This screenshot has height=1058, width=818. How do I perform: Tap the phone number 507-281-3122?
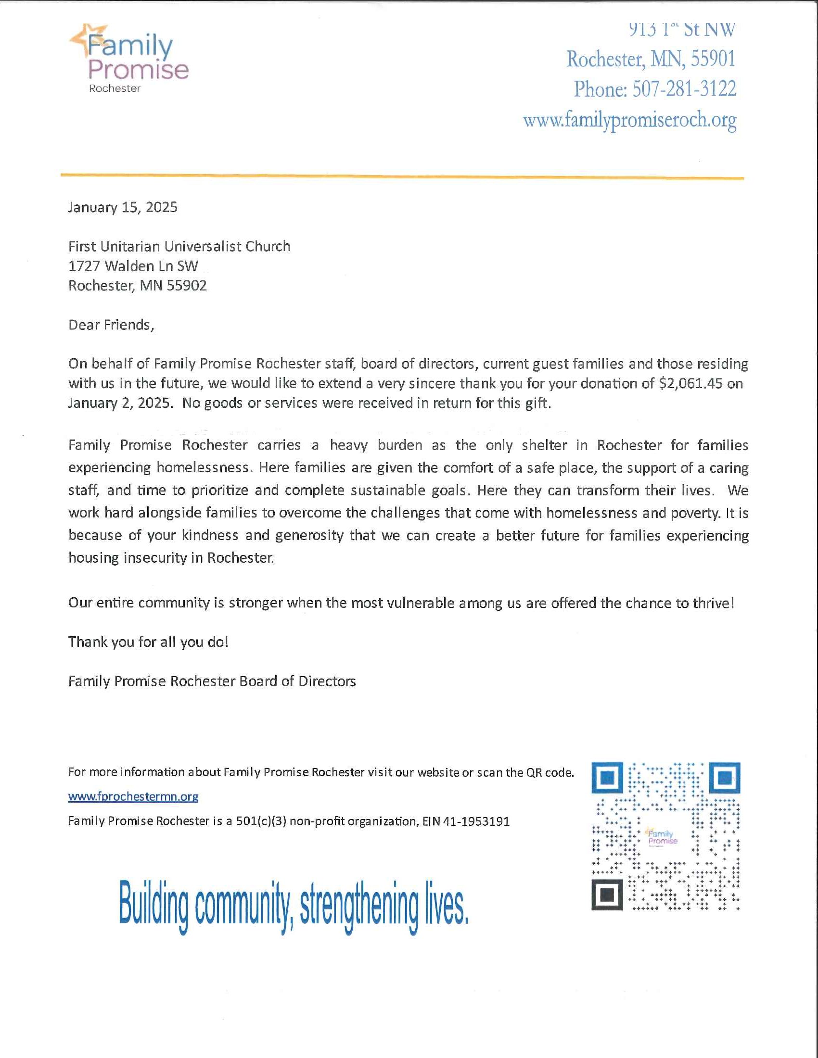684,89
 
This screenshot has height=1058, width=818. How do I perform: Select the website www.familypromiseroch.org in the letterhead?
629,120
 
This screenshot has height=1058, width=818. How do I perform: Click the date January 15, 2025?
123,207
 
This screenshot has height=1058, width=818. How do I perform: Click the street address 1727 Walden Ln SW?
133,266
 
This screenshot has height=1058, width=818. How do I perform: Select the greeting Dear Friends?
111,325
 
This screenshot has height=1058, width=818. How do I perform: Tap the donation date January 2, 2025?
120,403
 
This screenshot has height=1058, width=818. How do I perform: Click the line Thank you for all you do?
148,642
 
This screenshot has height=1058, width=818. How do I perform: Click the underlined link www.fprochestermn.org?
133,796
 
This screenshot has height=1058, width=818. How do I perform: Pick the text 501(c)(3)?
261,821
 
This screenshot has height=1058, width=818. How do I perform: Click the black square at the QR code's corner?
606,895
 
